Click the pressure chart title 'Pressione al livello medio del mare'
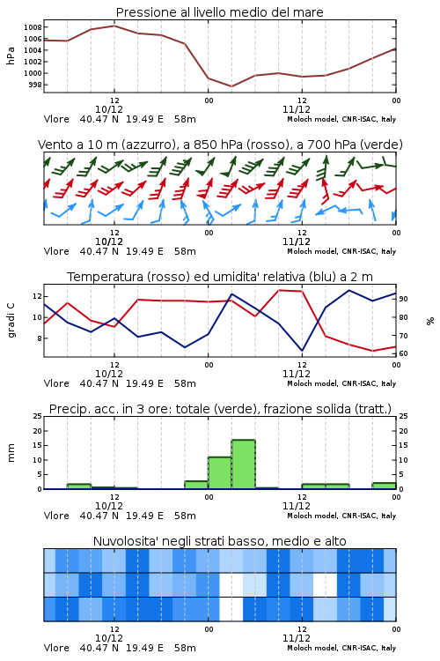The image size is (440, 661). (219, 12)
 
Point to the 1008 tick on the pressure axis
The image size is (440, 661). (33, 27)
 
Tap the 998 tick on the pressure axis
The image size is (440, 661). (35, 85)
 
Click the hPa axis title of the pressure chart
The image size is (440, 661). (11, 56)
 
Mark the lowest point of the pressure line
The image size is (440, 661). (231, 86)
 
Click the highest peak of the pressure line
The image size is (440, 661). (114, 26)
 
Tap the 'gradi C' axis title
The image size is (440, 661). (11, 320)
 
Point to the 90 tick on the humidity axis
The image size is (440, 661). (403, 299)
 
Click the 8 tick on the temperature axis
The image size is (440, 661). (39, 338)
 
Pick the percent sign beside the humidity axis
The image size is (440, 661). (430, 321)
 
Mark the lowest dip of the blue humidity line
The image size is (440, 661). (302, 351)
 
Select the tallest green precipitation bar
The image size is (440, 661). (244, 464)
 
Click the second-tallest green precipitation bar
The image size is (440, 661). (220, 473)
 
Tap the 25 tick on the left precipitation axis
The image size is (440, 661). (38, 416)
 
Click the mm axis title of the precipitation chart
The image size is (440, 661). (11, 453)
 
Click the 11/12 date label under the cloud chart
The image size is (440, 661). (297, 638)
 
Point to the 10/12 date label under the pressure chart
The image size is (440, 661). (109, 109)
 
